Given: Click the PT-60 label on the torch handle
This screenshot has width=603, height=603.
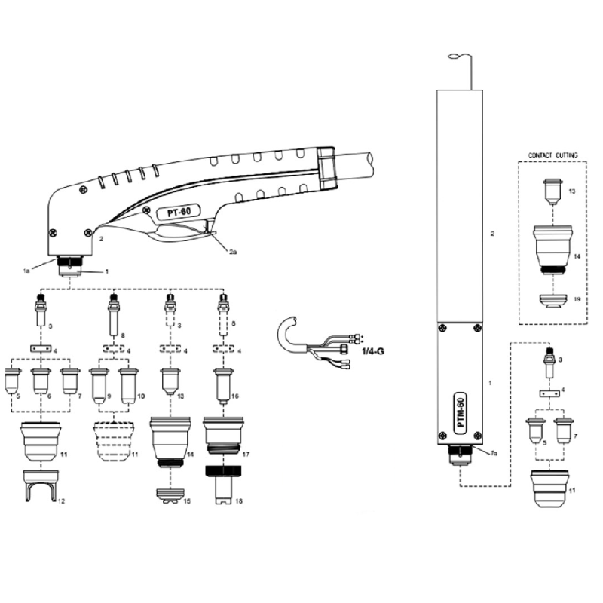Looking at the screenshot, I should tap(178, 213).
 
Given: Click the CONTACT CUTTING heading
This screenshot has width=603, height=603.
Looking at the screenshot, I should tap(553, 155).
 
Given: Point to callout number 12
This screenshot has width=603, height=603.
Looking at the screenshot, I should tap(63, 500).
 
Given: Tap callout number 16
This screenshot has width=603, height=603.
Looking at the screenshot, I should tap(235, 394).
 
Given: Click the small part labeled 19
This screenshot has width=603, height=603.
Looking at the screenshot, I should tap(552, 300).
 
